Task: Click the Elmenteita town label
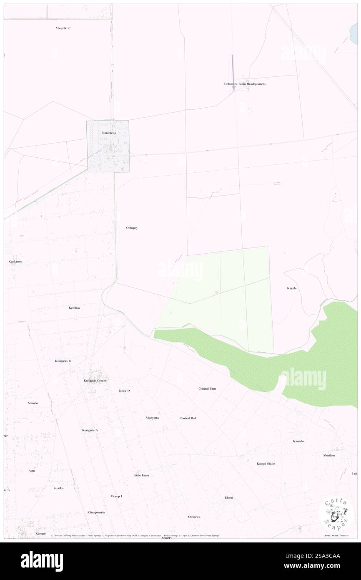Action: click(x=109, y=133)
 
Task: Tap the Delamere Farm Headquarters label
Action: click(x=245, y=84)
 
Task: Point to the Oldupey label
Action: click(x=132, y=228)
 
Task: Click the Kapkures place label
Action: click(x=15, y=262)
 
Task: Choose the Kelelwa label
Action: click(x=74, y=308)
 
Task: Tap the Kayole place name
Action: click(x=292, y=288)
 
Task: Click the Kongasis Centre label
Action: click(x=95, y=381)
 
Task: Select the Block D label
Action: click(x=124, y=391)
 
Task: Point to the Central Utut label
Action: click(x=207, y=388)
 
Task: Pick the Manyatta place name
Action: click(x=152, y=418)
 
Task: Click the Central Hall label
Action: click(x=188, y=418)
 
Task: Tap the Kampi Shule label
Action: click(x=266, y=464)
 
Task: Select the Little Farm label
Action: click(x=141, y=475)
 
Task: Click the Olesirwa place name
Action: click(x=194, y=517)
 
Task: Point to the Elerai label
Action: click(x=229, y=498)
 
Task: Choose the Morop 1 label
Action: click(x=116, y=496)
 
